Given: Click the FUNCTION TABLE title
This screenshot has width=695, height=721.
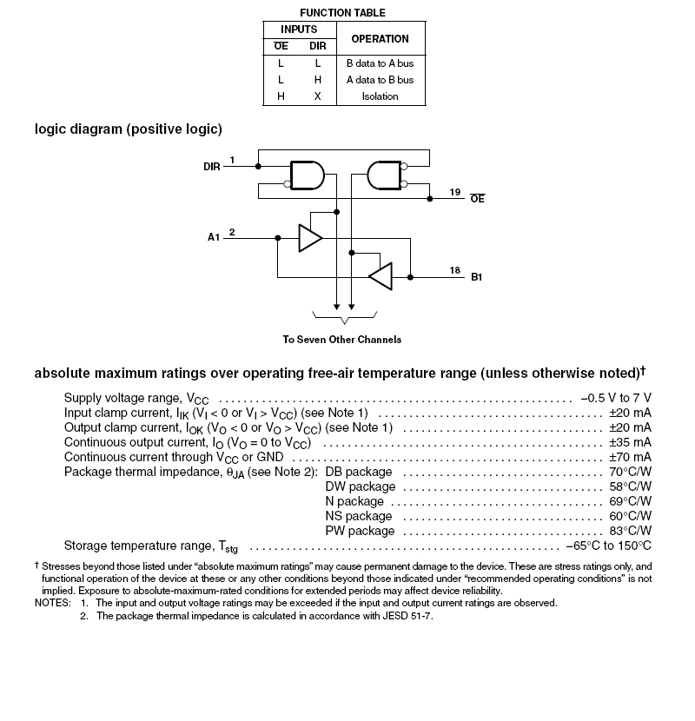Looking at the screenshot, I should pos(342,13).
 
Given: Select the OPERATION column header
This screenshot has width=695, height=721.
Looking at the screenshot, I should pos(380,39).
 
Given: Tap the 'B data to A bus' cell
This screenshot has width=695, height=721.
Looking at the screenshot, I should pos(380,63).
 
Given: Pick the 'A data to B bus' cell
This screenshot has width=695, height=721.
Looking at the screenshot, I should pos(380,80).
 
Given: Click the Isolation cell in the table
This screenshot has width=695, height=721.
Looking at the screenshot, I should pos(380,96).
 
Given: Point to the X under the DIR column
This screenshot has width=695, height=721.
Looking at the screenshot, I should pos(318,96).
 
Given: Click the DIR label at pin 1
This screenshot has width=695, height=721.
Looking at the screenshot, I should pos(212,166).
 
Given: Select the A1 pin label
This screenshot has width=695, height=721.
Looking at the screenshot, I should pos(214,237).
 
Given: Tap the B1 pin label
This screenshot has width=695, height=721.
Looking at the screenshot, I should pos(477,278).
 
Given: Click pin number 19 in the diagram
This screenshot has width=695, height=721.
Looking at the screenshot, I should pos(455,191).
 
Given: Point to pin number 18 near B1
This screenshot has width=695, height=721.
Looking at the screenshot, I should pos(454,271).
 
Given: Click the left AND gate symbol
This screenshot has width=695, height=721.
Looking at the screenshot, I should pos(305,175).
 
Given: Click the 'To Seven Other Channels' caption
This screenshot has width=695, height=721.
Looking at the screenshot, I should pos(342,340).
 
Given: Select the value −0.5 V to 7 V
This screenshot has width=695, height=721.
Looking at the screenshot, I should pos(616,397).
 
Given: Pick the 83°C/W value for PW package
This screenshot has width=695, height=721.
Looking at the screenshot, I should pos(630,531).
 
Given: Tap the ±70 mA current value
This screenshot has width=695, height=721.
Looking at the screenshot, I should pos(630,457).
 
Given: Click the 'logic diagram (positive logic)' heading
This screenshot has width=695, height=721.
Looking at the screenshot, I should pos(129,129).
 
